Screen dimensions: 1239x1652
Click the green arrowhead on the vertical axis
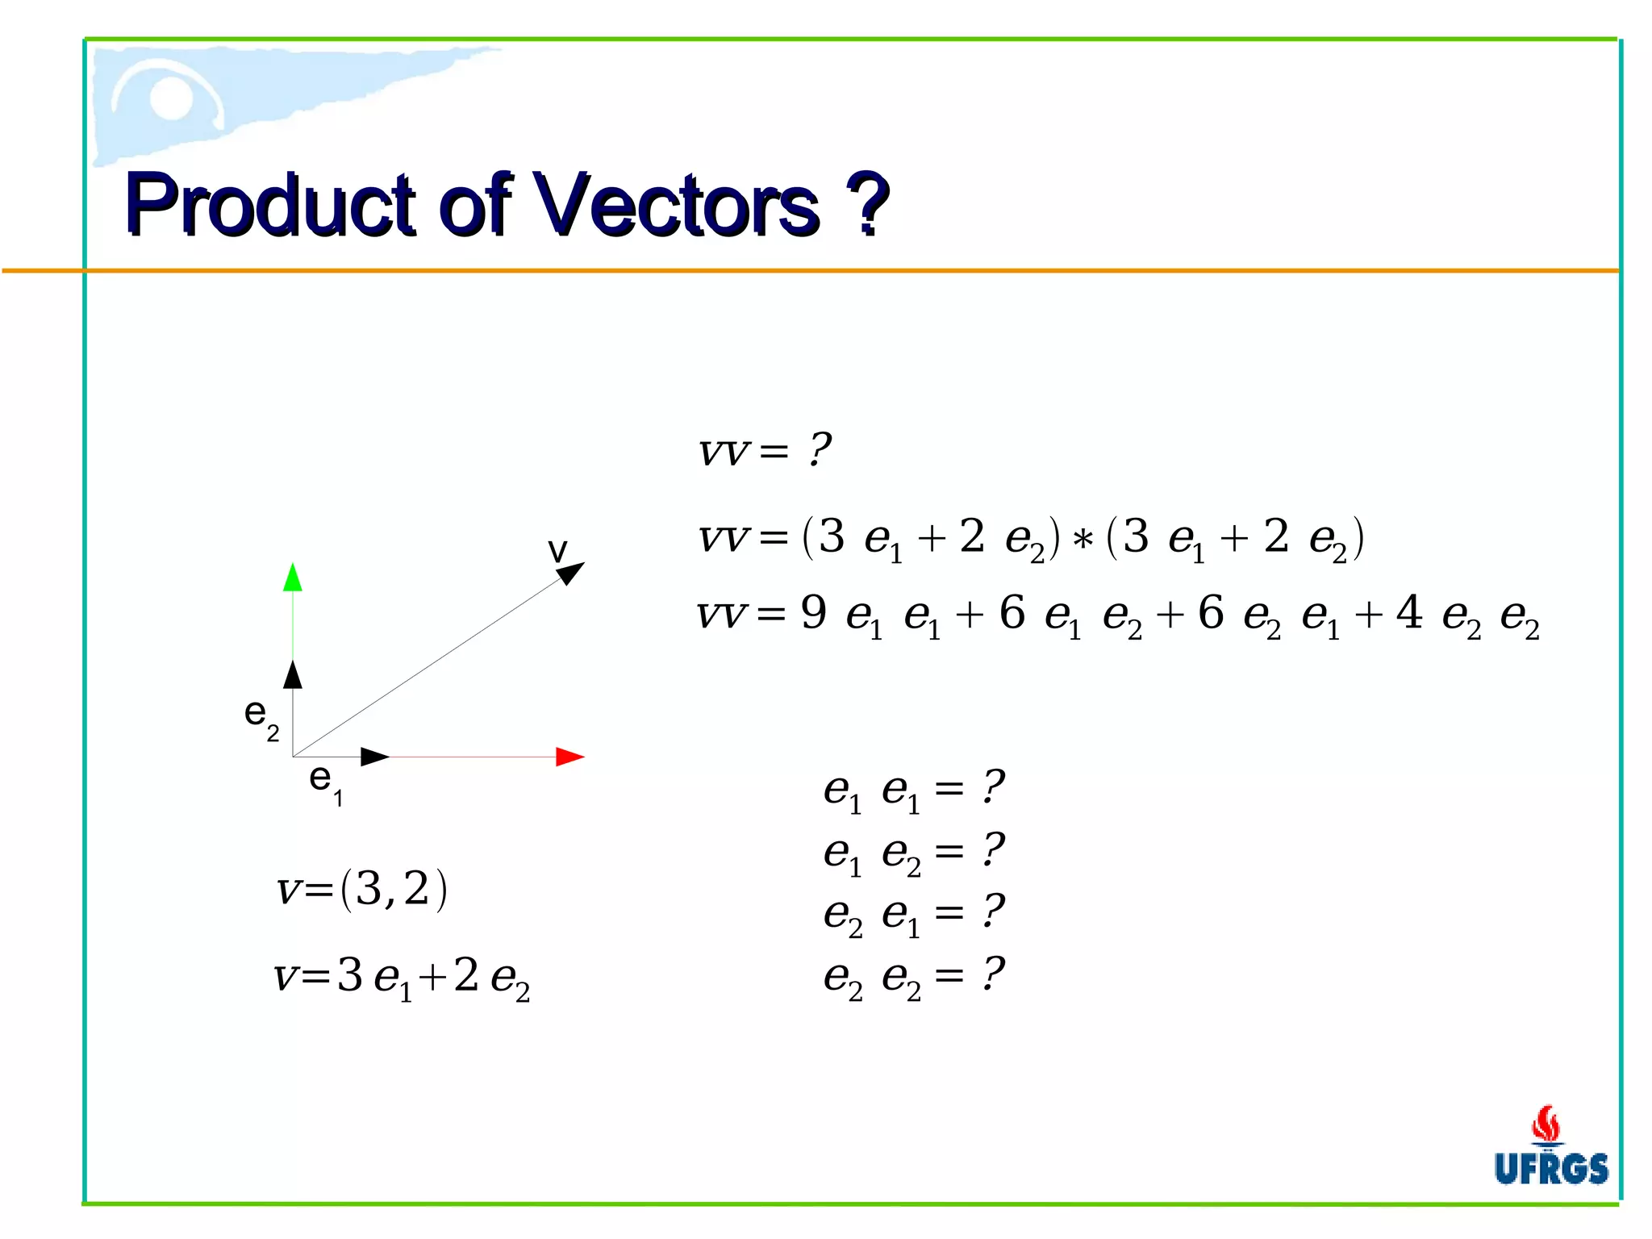[293, 578]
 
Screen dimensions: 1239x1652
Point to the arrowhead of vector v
[570, 573]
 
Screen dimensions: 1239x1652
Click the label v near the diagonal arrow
[557, 550]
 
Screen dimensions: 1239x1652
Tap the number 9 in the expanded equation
[813, 612]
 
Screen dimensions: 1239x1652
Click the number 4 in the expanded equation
[1408, 612]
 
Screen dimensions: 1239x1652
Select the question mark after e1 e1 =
[993, 786]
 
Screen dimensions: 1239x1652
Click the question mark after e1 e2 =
[993, 849]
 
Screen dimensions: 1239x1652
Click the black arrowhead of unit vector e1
[375, 757]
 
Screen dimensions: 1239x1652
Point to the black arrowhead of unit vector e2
[293, 674]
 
